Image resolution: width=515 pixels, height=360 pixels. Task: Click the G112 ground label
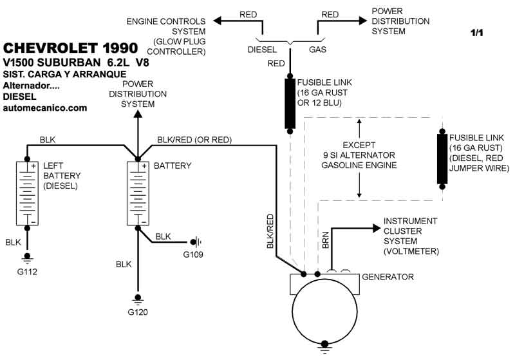click(28, 271)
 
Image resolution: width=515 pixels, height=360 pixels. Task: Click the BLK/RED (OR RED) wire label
click(194, 140)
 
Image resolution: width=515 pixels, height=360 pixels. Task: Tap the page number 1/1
click(476, 32)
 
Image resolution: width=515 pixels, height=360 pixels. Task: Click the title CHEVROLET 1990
click(70, 48)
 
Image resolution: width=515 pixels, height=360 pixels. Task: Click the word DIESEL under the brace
click(263, 49)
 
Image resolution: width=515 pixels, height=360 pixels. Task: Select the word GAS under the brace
click(317, 49)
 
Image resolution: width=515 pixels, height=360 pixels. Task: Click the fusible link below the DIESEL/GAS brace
click(290, 103)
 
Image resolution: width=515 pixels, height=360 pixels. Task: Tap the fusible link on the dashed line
click(442, 158)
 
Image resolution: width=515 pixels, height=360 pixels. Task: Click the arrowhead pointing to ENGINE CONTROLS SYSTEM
click(217, 21)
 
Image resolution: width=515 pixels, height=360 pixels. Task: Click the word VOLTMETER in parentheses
click(412, 251)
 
